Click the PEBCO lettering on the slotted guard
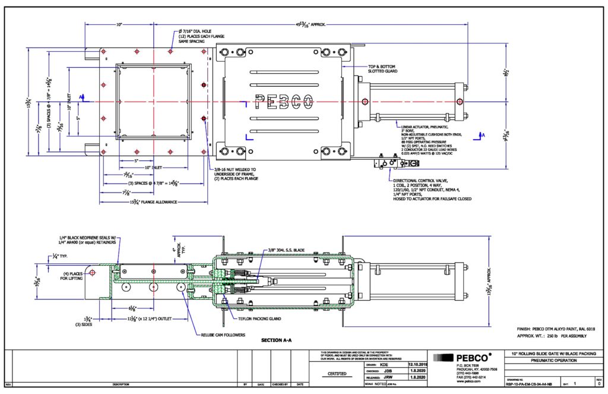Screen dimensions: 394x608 point(284,102)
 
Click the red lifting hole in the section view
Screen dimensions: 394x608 point(93,273)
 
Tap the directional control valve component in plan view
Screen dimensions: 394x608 point(392,162)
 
